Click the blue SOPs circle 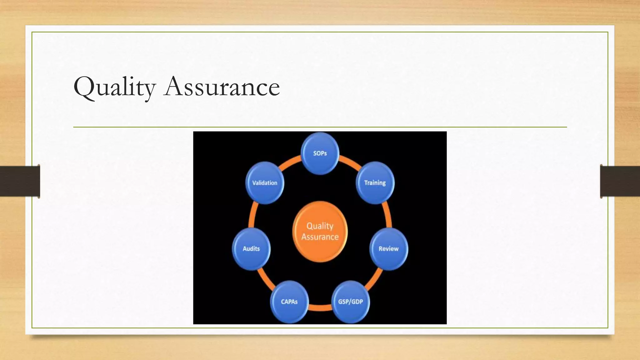[x=320, y=153]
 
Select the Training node [x=375, y=183]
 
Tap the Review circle [x=388, y=249]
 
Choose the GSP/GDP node [x=350, y=302]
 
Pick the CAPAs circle [x=289, y=302]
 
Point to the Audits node [x=251, y=249]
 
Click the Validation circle [x=265, y=183]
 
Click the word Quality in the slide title [x=114, y=87]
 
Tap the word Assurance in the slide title [x=222, y=87]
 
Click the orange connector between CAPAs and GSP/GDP [x=320, y=308]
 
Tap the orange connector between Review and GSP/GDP [x=374, y=279]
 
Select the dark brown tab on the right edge [x=620, y=181]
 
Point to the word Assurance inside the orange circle [x=320, y=237]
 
